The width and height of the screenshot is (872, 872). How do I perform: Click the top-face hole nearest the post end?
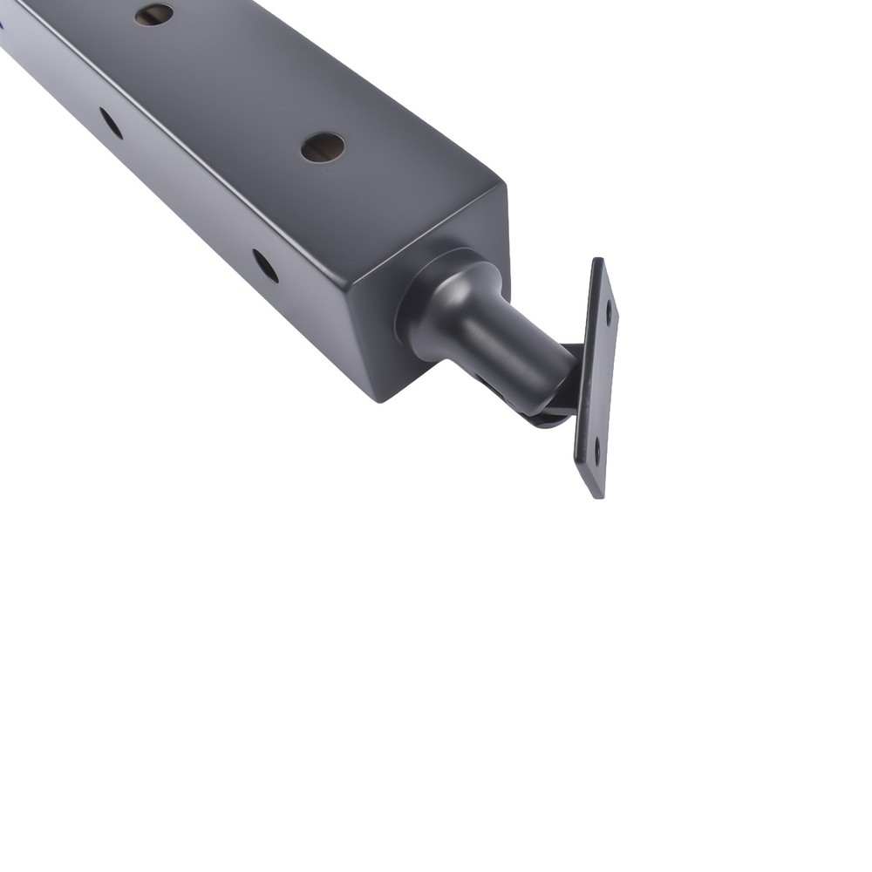[323, 146]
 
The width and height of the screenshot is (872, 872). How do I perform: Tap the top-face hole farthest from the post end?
[154, 13]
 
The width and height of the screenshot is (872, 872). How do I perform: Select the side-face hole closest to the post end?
[265, 266]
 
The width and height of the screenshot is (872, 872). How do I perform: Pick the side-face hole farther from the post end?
[111, 123]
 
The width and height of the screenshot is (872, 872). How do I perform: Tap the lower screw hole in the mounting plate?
[597, 451]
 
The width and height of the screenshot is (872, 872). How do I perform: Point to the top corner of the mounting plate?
[597, 260]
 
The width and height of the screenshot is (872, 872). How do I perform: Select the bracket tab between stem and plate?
[567, 384]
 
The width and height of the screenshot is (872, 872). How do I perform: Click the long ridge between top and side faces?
[174, 140]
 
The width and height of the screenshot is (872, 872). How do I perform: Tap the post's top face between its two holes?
[235, 78]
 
